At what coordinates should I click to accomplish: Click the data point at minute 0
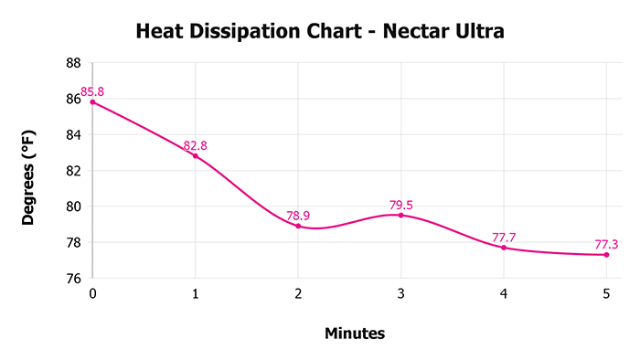coord(92,101)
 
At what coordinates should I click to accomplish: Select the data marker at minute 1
coord(195,156)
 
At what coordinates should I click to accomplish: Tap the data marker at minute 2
coord(298,226)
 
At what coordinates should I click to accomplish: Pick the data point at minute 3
coord(400,215)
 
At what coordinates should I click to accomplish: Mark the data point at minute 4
coord(504,248)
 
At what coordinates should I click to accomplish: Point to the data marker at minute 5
coord(606,254)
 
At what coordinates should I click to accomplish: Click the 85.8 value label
coord(93,91)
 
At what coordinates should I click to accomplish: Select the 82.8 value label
coord(196,145)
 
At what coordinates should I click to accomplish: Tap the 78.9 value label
coord(299,216)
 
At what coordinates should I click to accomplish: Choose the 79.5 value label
coord(401,205)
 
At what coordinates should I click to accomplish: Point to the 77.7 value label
coord(504,238)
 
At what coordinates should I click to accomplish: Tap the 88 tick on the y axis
coord(74,63)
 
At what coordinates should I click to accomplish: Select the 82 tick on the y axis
coord(74,171)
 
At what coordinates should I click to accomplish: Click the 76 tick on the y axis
coord(74,279)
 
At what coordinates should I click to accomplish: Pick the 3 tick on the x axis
coord(400,293)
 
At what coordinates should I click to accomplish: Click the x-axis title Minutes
coord(355,334)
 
